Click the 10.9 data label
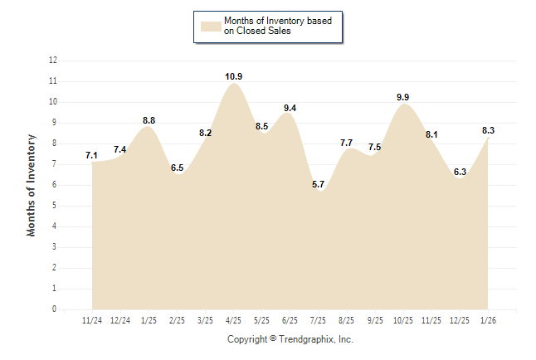coord(234,76)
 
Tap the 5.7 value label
coord(319,184)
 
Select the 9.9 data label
coord(403,97)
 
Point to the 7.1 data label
coord(92,155)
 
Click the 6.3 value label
coord(460,172)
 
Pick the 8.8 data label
coord(149,120)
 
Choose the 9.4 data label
coord(290,108)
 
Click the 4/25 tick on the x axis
coord(234,320)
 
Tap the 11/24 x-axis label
coord(92,320)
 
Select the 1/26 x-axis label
coord(488,320)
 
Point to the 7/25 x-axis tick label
coord(319,320)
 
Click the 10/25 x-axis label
coord(403,320)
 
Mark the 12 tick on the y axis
coord(53,61)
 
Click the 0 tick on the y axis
coord(55,309)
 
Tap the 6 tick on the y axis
coord(55,185)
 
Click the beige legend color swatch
coord(210,26)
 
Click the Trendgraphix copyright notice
coord(290,339)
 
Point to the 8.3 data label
coord(489,130)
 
